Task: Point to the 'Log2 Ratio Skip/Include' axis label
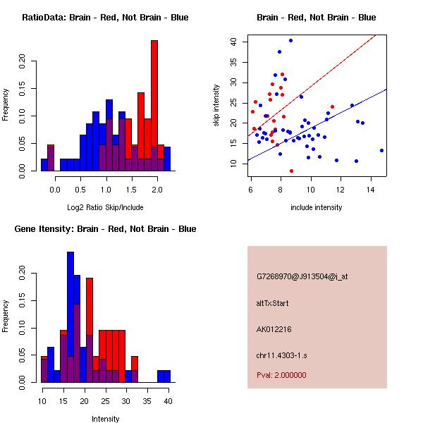105,209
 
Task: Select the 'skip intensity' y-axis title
216,106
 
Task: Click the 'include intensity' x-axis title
317,208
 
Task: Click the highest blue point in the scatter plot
290,41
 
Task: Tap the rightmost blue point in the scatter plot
381,150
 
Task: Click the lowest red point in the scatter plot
291,171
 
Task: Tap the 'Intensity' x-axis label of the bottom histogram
105,419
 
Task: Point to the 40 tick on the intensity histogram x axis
168,401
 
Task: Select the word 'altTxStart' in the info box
273,303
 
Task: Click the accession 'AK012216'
274,329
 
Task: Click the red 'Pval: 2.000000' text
281,375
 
